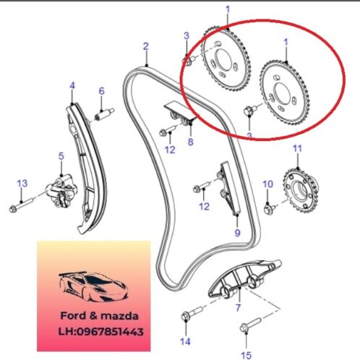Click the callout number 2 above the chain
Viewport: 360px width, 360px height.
coord(146,46)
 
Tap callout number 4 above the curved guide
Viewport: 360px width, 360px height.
coord(72,85)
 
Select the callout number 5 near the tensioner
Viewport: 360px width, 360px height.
coord(61,156)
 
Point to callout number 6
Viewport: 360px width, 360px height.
coord(102,91)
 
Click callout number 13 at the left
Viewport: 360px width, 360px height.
coord(22,184)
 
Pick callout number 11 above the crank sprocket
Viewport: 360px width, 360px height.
coord(297,148)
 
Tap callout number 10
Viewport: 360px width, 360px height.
coord(267,184)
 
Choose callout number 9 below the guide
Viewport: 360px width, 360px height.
coord(237,233)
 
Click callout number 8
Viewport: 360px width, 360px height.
coord(190,142)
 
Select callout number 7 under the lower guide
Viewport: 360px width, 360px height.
coord(238,308)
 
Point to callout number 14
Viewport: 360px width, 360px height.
coord(185,341)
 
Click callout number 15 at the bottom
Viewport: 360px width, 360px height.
coord(246,355)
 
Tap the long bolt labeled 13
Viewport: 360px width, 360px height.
coord(21,205)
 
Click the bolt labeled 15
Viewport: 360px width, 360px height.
coord(251,325)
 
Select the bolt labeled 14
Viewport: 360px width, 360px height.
coord(192,313)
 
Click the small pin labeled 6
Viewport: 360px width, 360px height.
coord(105,113)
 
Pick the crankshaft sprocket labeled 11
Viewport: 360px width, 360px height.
coord(301,190)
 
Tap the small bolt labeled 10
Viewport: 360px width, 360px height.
coord(269,208)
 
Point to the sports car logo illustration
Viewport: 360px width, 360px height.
coord(93,286)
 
